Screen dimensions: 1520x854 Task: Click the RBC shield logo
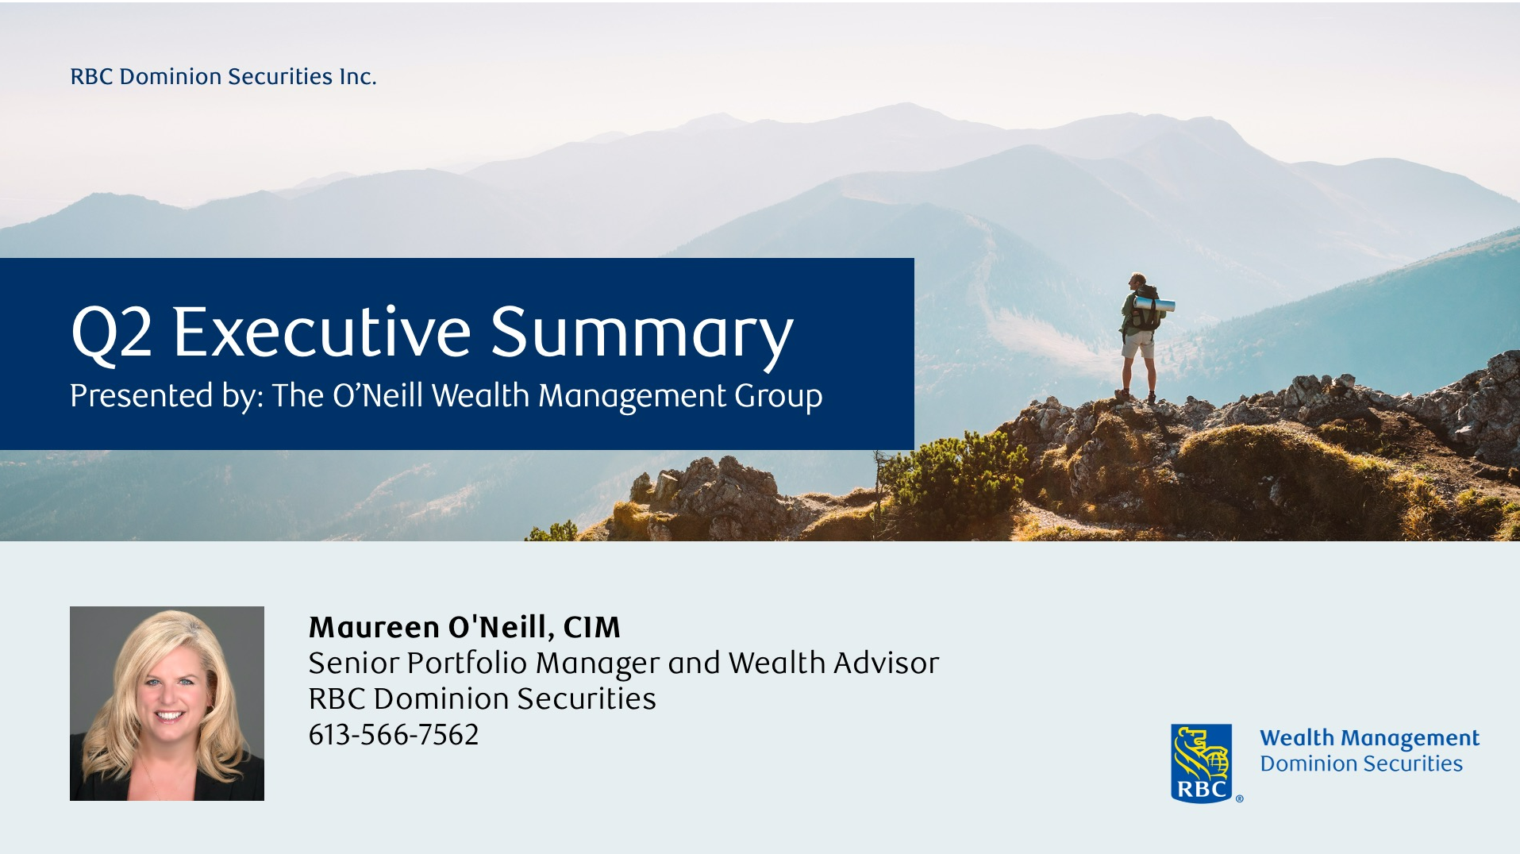tap(1201, 763)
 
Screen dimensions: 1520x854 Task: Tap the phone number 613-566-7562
tap(394, 735)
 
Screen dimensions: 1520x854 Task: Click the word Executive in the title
tap(322, 332)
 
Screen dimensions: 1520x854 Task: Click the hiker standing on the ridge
tap(1141, 337)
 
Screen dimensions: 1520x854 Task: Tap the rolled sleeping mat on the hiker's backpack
tap(1155, 304)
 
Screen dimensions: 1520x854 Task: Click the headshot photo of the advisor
tap(167, 703)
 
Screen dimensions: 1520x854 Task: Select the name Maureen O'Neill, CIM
tap(464, 627)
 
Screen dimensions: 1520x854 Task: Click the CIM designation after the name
tap(591, 627)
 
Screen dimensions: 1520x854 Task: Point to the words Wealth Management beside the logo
tap(1369, 738)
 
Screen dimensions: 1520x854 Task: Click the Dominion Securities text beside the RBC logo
tap(1361, 764)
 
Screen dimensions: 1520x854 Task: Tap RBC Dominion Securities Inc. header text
tap(223, 76)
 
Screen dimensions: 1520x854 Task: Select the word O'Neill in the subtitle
tap(378, 395)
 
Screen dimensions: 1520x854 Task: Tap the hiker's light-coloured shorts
tap(1138, 344)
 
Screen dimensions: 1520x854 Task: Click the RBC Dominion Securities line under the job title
tap(482, 699)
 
